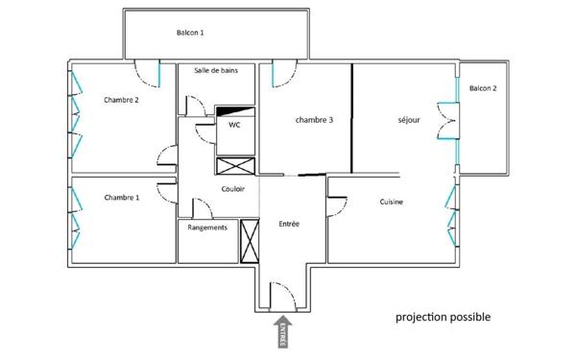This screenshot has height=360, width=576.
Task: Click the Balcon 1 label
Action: click(190, 34)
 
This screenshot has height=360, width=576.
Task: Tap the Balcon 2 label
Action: click(483, 89)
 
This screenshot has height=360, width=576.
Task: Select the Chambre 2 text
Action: click(122, 99)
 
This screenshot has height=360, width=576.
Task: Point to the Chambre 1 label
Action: click(122, 197)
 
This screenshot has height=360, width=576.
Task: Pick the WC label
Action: click(234, 125)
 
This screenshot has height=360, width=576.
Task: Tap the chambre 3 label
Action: click(314, 120)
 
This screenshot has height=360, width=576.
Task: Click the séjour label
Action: click(409, 120)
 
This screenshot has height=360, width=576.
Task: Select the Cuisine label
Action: click(391, 203)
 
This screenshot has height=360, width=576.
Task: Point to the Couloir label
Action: click(232, 189)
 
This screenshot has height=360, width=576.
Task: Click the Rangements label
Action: click(207, 228)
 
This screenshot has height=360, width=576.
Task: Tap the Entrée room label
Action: click(289, 224)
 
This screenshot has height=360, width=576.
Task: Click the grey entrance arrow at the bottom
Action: click(284, 333)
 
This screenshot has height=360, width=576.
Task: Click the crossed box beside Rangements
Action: click(250, 241)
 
